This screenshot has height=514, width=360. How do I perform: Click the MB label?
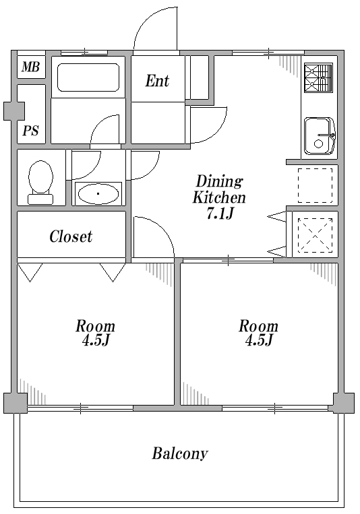(31, 67)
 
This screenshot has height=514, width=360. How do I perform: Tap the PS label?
(30, 131)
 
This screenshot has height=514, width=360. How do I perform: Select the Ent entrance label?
(157, 81)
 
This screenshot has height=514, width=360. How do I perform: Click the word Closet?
(71, 236)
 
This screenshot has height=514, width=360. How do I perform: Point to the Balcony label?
(180, 453)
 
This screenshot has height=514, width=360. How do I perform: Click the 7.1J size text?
(220, 214)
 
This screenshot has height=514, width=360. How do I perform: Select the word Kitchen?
(219, 197)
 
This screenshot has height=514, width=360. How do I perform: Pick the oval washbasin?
(98, 194)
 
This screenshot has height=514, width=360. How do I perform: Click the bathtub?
(88, 77)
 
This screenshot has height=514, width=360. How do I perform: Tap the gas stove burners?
(318, 78)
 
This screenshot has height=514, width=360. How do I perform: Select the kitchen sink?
(320, 135)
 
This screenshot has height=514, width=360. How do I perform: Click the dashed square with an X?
(315, 235)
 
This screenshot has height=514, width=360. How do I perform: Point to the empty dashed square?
(315, 185)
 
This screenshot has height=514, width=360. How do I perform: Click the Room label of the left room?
(95, 326)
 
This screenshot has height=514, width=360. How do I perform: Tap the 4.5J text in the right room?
(259, 340)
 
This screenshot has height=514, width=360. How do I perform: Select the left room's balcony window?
(80, 408)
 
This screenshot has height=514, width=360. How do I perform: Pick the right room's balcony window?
(275, 408)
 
